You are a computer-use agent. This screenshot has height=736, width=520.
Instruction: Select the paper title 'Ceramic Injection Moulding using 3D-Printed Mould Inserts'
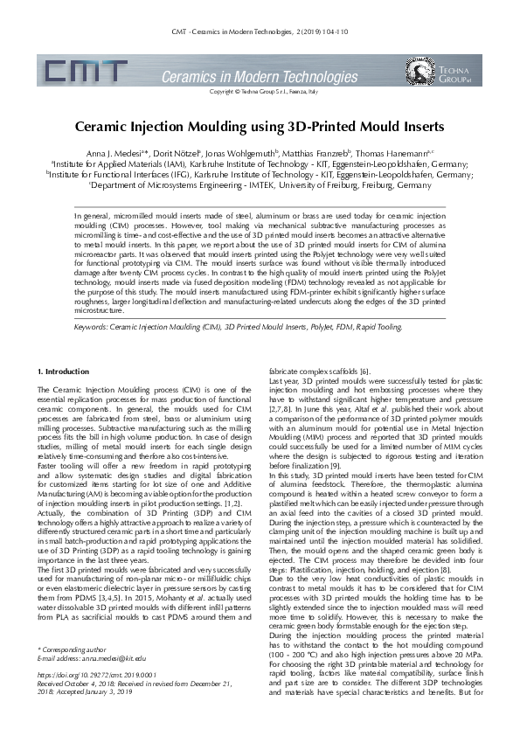[x=259, y=127]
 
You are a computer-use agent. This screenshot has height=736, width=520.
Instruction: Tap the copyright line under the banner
[x=259, y=91]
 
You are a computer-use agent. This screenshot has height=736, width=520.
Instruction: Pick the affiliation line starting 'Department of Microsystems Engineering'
[x=260, y=185]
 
